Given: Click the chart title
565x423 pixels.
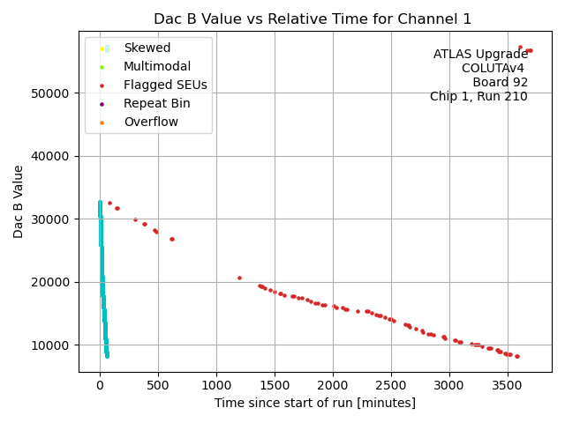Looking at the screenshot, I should pyautogui.click(x=313, y=19).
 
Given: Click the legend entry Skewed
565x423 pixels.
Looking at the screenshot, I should pyautogui.click(x=147, y=48).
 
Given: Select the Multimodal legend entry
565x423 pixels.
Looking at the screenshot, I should pyautogui.click(x=156, y=66).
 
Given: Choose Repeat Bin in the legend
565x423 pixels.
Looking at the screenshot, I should pyautogui.click(x=156, y=103).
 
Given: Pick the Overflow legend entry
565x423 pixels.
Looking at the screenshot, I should pyautogui.click(x=150, y=122).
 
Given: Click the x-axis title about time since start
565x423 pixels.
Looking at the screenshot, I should pyautogui.click(x=314, y=403).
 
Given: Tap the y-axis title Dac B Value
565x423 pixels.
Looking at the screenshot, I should pyautogui.click(x=19, y=201).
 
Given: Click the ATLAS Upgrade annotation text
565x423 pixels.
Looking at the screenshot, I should pyautogui.click(x=480, y=55).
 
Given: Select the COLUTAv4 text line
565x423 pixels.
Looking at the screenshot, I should pyautogui.click(x=494, y=69).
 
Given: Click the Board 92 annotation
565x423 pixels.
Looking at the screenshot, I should pyautogui.click(x=500, y=83).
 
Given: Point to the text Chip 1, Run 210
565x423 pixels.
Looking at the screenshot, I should pyautogui.click(x=478, y=97).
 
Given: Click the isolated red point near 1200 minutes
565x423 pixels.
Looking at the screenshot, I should pyautogui.click(x=239, y=278).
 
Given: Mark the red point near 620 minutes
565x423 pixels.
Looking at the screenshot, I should pyautogui.click(x=172, y=239).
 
